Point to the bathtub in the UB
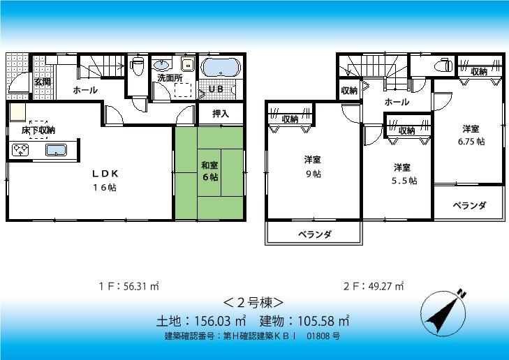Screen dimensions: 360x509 (x=221, y=68)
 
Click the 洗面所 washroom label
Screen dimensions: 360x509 (x=170, y=78)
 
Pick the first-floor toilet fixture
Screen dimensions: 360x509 (x=138, y=66)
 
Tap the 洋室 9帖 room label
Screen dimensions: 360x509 (x=312, y=166)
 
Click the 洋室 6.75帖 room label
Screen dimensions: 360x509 (x=471, y=135)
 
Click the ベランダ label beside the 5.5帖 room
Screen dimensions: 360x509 (x=469, y=205)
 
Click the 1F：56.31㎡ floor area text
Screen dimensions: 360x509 (x=129, y=285)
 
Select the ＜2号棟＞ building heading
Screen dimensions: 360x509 (x=253, y=303)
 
